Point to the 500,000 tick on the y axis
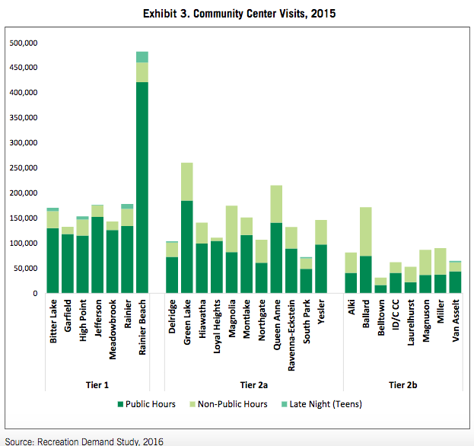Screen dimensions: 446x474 point(24,43)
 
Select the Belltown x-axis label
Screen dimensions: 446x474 point(380,324)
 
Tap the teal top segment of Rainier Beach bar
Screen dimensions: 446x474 point(142,57)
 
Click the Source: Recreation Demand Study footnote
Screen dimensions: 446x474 point(84,440)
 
